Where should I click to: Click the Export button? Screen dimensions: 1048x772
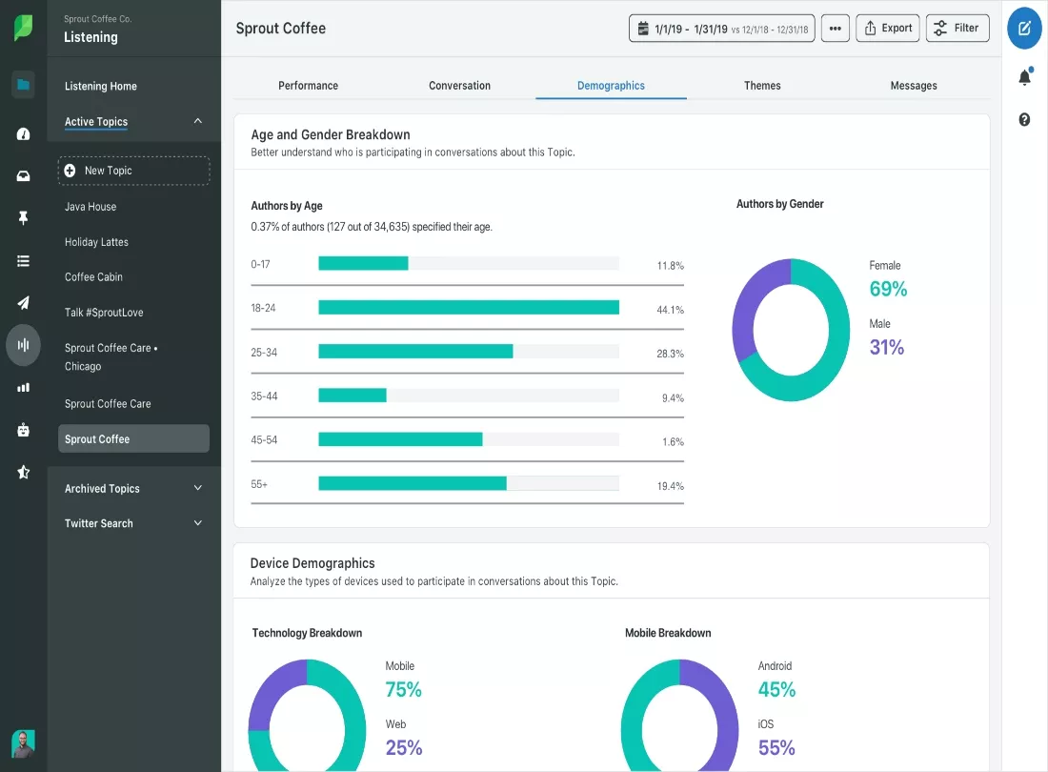point(888,28)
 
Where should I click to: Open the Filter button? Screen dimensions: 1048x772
point(957,28)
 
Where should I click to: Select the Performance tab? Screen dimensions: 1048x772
point(308,86)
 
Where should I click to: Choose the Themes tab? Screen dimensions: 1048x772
point(762,86)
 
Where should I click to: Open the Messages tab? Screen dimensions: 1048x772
point(914,86)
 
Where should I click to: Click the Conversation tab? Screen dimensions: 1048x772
point(460,86)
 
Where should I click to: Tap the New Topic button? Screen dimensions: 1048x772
point(133,171)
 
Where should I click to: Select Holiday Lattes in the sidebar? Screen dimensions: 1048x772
point(96,242)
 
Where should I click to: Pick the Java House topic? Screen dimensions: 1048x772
point(91,207)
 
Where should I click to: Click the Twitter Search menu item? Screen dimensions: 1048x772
point(99,523)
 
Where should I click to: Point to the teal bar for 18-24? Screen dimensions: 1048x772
point(469,308)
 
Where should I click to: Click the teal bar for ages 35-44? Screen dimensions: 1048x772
point(353,395)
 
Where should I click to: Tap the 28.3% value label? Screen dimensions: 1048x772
point(671,354)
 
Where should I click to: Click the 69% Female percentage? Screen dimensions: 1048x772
point(888,289)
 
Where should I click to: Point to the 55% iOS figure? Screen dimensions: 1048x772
point(776,747)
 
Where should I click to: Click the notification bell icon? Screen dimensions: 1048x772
point(1024,77)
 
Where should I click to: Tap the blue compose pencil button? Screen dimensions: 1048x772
point(1024,28)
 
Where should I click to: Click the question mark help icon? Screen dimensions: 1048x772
point(1024,120)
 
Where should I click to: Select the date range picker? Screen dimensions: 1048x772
point(722,28)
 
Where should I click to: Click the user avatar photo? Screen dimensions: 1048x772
point(24,743)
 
